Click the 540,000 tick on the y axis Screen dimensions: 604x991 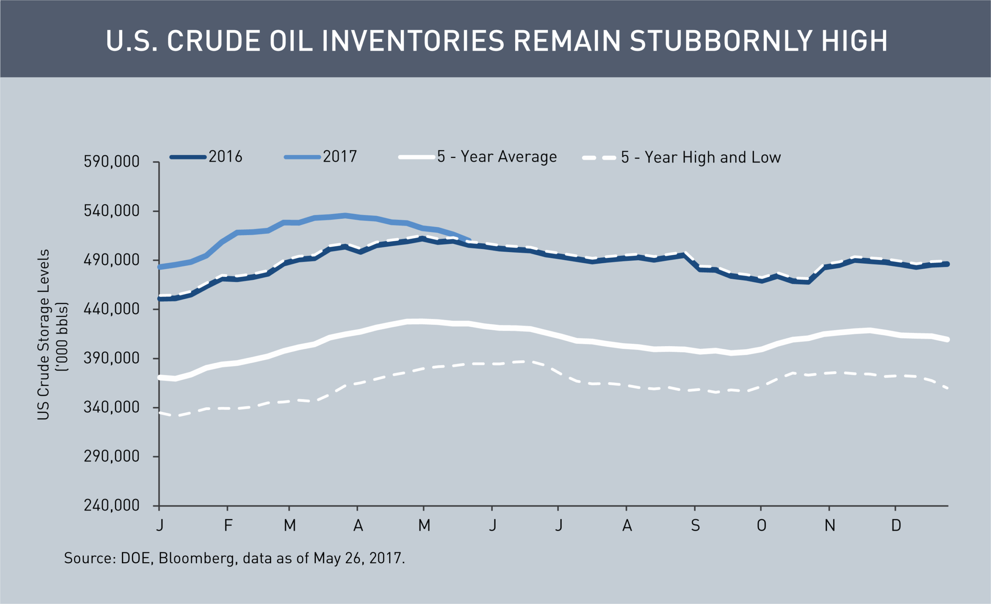[111, 211]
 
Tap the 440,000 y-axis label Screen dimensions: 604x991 [111, 309]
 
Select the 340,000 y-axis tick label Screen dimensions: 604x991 [111, 407]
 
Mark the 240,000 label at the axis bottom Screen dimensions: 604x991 [111, 506]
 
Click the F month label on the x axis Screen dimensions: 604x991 [228, 525]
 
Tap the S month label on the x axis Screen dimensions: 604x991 [695, 525]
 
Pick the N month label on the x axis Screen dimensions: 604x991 [830, 525]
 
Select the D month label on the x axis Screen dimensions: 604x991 [896, 525]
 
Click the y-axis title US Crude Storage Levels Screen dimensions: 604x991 [43, 335]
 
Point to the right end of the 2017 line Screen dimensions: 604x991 [469, 240]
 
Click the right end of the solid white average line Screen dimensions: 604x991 [948, 340]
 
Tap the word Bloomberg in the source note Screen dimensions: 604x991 [196, 558]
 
